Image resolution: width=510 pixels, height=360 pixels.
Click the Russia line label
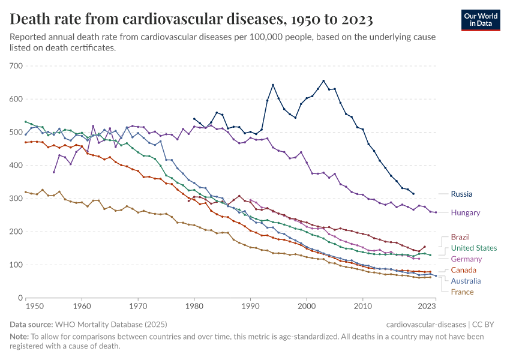click(x=461, y=194)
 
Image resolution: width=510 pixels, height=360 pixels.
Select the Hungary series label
click(x=465, y=212)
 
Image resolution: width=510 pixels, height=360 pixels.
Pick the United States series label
click(x=473, y=248)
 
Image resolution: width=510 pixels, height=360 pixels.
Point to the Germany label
click(x=466, y=259)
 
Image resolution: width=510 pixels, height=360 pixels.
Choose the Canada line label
click(x=463, y=270)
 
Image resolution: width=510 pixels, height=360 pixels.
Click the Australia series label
click(x=466, y=281)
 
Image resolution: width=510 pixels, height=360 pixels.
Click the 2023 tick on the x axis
click(x=427, y=306)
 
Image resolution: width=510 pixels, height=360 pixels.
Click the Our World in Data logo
click(x=481, y=19)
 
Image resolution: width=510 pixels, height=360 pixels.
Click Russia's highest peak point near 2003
click(x=323, y=81)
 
